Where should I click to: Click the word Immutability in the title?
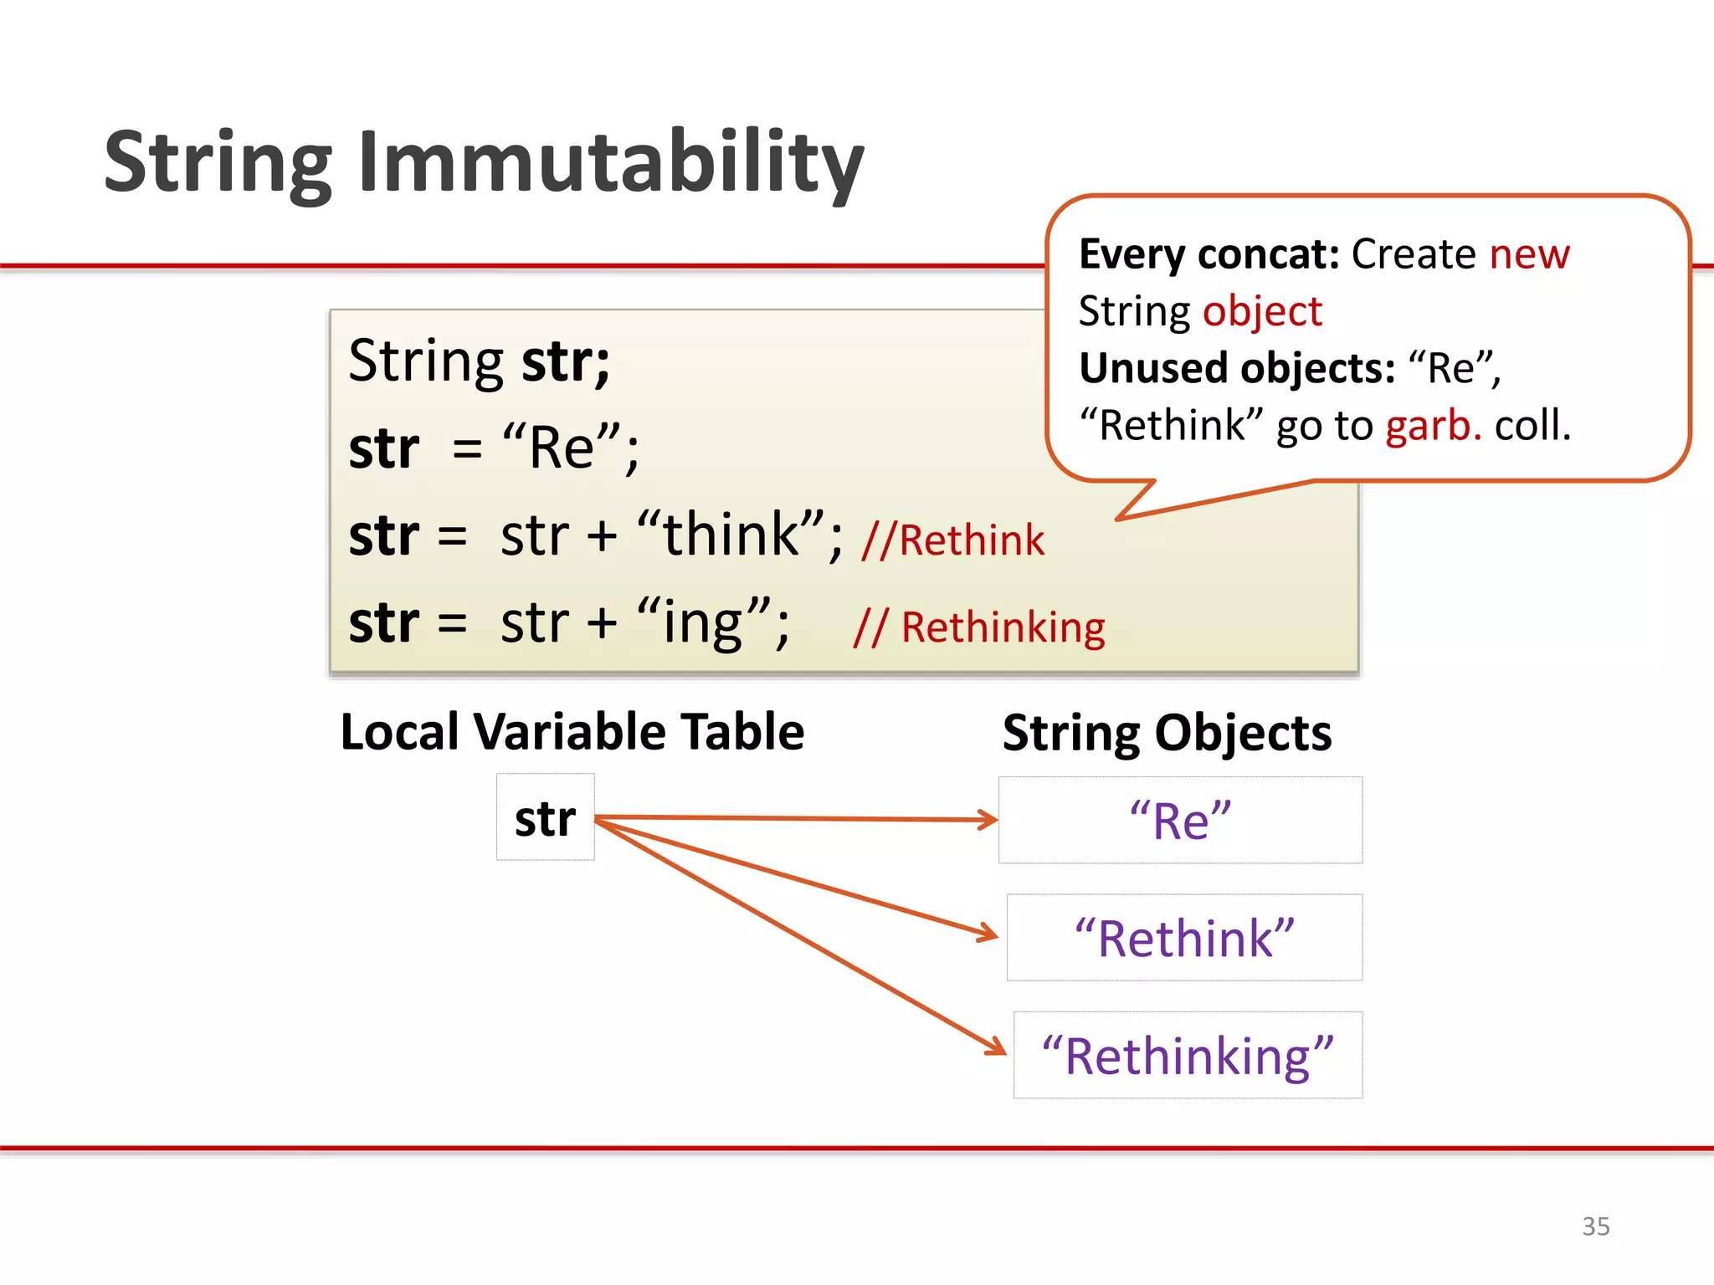click(611, 163)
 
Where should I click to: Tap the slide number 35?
click(1595, 1226)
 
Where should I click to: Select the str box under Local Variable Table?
click(546, 817)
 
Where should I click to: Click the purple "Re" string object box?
click(1180, 820)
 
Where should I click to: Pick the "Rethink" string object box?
click(1184, 938)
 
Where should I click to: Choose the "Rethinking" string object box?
click(1188, 1056)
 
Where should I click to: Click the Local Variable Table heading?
click(572, 732)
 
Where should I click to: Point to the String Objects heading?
click(1167, 734)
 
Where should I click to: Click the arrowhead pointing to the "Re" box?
click(989, 820)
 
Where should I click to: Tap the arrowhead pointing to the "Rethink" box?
click(989, 934)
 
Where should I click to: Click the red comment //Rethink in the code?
click(953, 540)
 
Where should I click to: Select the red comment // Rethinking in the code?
click(979, 627)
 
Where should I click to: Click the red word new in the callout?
click(1529, 253)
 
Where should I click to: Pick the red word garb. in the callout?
click(1434, 425)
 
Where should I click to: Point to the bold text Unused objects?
click(1237, 368)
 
